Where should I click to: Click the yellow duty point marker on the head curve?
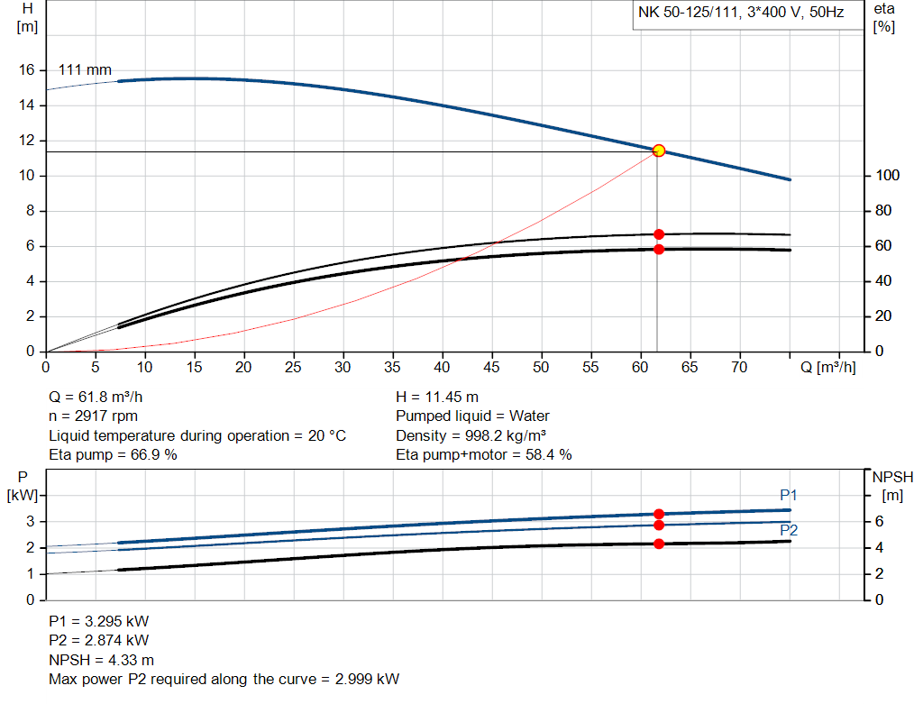[659, 151]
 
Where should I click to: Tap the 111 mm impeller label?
[85, 69]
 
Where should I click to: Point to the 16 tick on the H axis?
[27, 70]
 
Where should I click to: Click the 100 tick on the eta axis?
[883, 176]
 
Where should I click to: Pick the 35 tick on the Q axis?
[392, 367]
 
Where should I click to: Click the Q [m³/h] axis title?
[828, 367]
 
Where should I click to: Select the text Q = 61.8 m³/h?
[96, 397]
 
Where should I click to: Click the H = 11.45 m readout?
[437, 397]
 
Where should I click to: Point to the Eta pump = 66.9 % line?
[113, 454]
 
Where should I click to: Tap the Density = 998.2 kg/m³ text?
[471, 435]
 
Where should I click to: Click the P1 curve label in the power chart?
[789, 495]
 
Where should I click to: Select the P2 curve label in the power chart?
[789, 530]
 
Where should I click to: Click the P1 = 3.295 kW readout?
[99, 621]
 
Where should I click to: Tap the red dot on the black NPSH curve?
[659, 544]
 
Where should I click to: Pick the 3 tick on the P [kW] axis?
[31, 522]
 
